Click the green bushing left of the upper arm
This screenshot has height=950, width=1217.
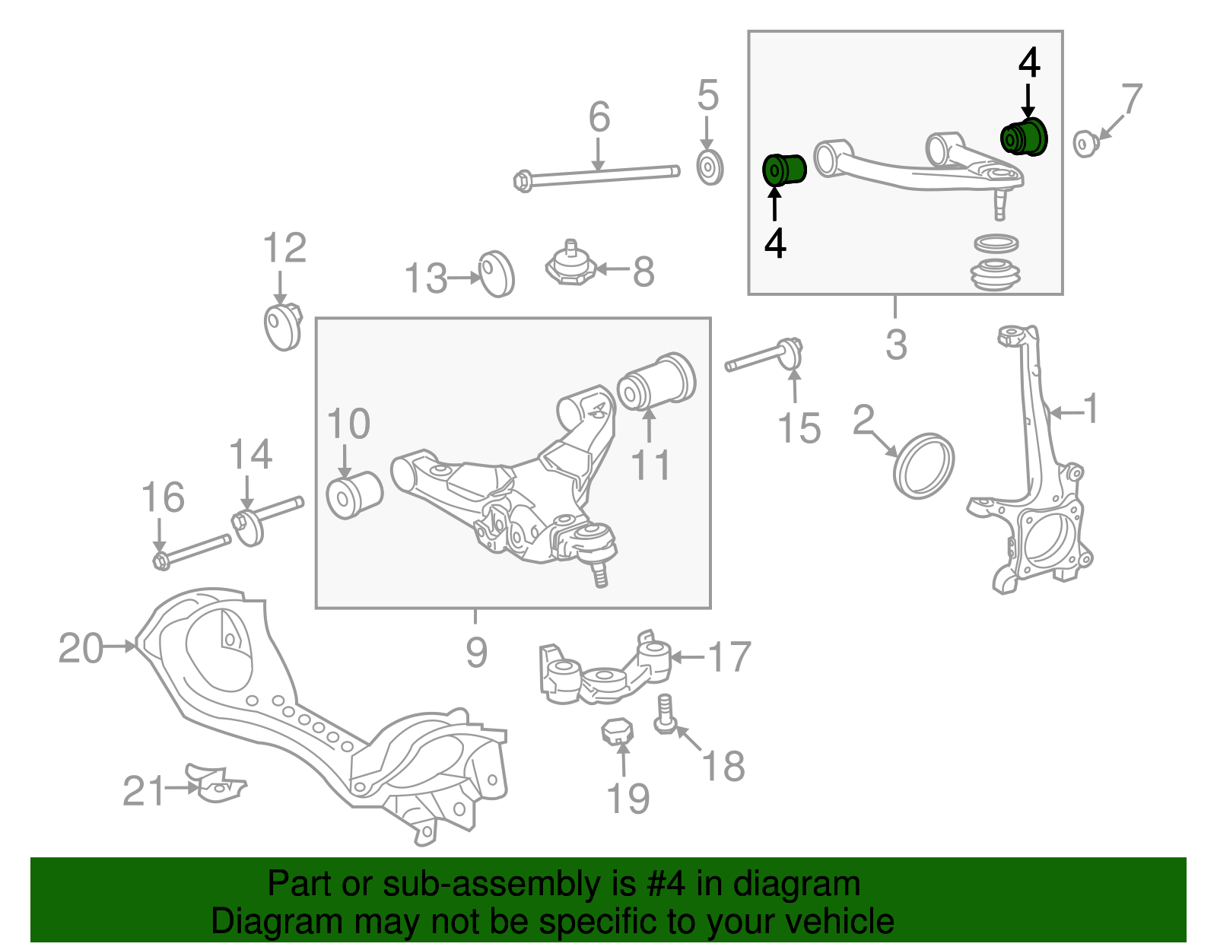[784, 169]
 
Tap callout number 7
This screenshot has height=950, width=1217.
[1131, 99]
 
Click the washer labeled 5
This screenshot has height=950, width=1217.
[710, 168]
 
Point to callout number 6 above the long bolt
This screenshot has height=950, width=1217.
[599, 118]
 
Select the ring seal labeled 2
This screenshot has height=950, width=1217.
[923, 465]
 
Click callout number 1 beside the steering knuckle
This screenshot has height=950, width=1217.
[1091, 409]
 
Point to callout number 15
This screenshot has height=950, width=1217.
[799, 428]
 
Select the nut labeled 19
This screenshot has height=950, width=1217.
[617, 732]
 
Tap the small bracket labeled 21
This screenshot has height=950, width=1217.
[216, 783]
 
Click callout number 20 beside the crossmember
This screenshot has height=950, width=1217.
[81, 649]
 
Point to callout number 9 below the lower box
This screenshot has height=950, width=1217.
[476, 653]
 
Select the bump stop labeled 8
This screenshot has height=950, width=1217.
[570, 265]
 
